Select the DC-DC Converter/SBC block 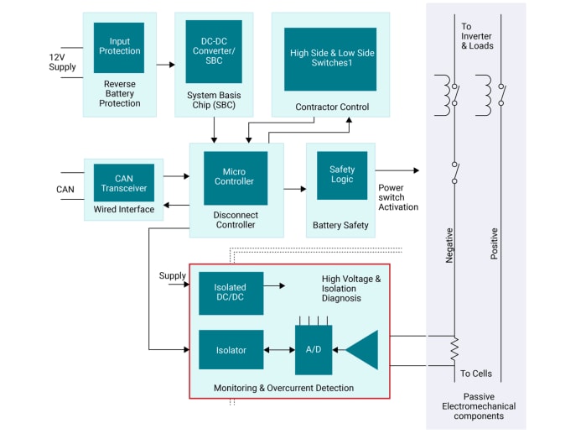point(213,51)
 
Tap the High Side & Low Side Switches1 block point(329,59)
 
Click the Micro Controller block point(236,177)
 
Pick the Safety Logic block point(341,175)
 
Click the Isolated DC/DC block point(231,293)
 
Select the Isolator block point(231,350)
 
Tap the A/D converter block point(313,350)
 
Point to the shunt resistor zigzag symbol point(454,348)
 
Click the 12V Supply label point(62,62)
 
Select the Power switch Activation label point(398,197)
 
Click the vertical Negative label point(449,245)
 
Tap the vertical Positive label point(494,243)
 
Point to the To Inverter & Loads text point(477,36)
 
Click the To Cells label point(475,374)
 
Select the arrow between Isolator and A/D point(278,350)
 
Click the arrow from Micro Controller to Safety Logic point(295,189)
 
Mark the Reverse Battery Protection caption point(118,93)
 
